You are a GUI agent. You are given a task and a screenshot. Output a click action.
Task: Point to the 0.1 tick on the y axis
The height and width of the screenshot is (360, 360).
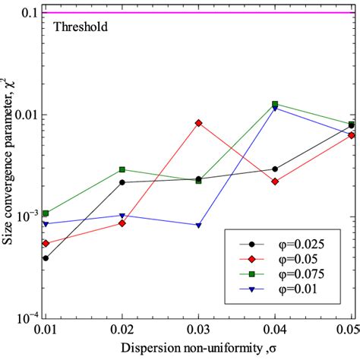[x=27, y=13]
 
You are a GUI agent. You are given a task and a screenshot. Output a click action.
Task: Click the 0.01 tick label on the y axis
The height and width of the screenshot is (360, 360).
[x=24, y=114]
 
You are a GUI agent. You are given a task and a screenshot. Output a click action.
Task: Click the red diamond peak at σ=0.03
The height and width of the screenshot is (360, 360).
[x=198, y=122]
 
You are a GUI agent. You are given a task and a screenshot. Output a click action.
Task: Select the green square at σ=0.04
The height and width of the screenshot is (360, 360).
[x=275, y=104]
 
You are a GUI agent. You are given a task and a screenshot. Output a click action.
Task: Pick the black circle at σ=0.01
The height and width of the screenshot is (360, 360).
[x=46, y=258]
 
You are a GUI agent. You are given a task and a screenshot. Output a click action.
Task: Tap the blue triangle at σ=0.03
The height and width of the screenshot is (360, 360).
[x=198, y=226]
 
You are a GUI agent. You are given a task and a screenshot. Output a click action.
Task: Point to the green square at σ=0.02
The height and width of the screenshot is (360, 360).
[x=122, y=169]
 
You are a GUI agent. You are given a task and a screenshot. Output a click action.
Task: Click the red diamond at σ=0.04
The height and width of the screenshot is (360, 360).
[x=275, y=182]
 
